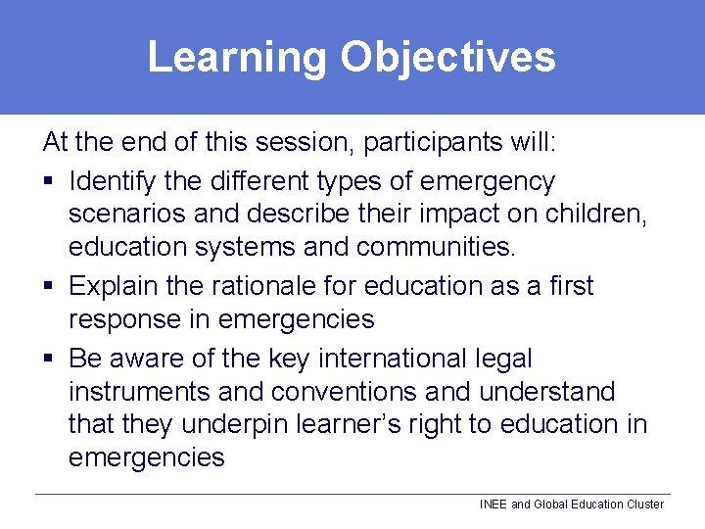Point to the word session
[x=301, y=143]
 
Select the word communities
[x=436, y=248]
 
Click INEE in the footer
[x=493, y=505]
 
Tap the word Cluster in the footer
[x=642, y=505]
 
